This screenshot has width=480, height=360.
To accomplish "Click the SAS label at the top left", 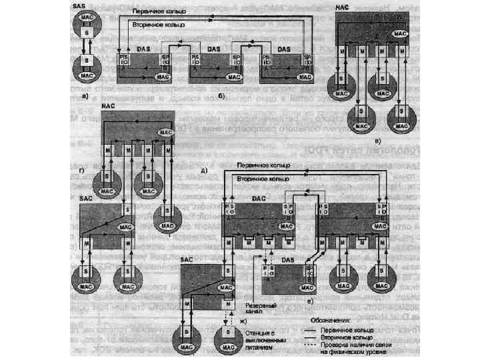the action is pos(78,5).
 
